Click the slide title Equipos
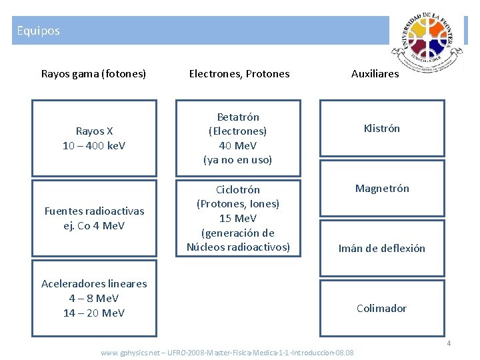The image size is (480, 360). (38, 31)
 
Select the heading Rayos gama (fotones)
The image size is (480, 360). (94, 73)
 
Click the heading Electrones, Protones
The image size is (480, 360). (239, 73)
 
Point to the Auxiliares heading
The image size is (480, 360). (375, 73)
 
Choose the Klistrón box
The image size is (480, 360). (382, 128)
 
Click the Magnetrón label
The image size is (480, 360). (382, 188)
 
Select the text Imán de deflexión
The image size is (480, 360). (382, 248)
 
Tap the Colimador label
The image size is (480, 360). (382, 308)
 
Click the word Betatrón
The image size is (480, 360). (238, 117)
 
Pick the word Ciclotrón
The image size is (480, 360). (238, 189)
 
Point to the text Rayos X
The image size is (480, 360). (94, 131)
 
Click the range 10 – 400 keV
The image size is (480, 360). (94, 145)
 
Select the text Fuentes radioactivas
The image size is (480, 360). (94, 211)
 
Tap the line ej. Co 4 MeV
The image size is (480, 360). (94, 225)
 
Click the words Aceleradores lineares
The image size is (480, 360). (94, 283)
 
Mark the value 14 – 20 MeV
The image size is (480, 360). (94, 313)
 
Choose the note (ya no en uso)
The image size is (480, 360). (238, 160)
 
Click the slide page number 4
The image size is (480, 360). (449, 343)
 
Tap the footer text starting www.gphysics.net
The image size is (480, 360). (227, 352)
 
